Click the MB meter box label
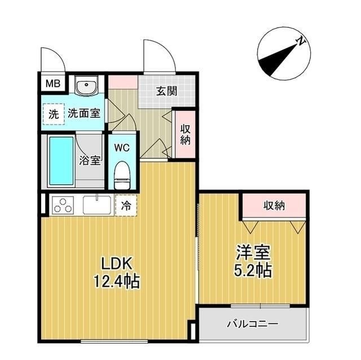(x=52, y=85)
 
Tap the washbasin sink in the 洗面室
(x=87, y=87)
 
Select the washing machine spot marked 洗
(x=53, y=113)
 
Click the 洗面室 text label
(x=84, y=113)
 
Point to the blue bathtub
(x=60, y=161)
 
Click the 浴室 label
(x=90, y=160)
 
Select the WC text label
(x=122, y=148)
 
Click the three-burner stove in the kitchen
(x=63, y=206)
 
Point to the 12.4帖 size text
(x=116, y=280)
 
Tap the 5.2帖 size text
(x=253, y=270)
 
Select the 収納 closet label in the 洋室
(x=274, y=206)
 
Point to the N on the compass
(x=302, y=41)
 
